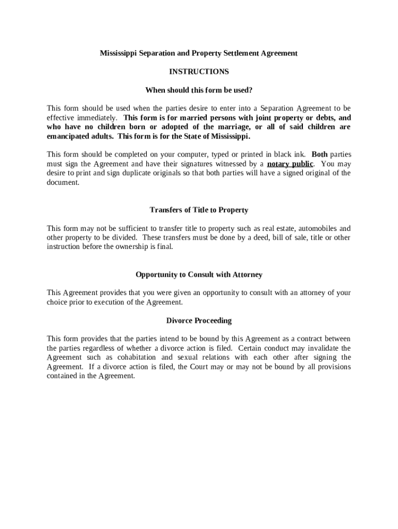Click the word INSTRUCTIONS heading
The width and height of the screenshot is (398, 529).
[x=199, y=72]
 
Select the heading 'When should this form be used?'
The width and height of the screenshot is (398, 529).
[x=199, y=90]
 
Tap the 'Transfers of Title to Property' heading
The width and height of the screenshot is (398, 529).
[x=199, y=210]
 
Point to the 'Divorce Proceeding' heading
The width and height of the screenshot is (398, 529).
[x=199, y=321]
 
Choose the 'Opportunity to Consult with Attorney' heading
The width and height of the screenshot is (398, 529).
[x=199, y=275]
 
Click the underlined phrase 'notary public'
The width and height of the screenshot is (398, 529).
[x=290, y=164]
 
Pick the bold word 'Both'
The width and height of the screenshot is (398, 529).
[x=319, y=155]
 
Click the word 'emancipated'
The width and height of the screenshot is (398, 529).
[x=67, y=136]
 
